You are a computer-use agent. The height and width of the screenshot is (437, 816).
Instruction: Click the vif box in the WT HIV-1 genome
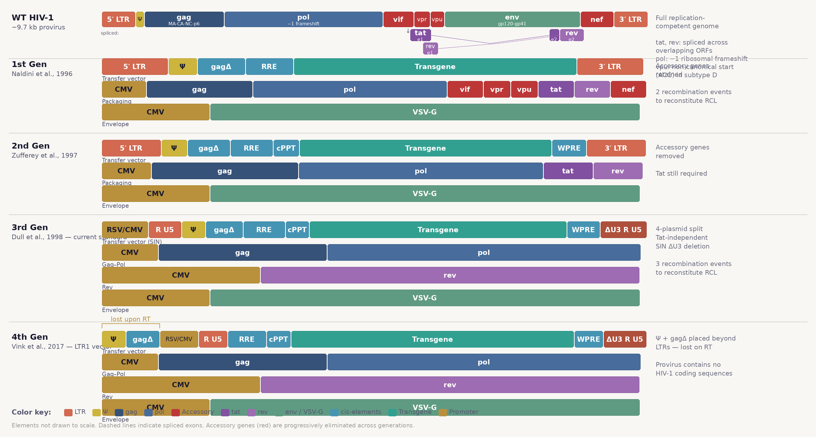point(398,19)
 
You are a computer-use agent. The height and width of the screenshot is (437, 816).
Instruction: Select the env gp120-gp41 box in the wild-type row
point(512,19)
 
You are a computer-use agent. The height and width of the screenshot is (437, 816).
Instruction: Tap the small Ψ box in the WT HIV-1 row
point(140,19)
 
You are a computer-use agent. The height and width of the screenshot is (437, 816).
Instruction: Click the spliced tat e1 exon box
point(420,35)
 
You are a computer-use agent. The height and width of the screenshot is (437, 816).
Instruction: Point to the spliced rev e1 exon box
point(430,48)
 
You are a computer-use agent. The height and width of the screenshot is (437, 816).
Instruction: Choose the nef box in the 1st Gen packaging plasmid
point(628,89)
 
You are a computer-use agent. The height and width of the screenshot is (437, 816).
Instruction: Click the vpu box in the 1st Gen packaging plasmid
point(524,89)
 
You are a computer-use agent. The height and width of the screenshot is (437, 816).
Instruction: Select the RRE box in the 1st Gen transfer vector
point(269,66)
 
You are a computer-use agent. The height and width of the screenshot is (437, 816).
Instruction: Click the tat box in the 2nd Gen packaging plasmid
point(568,171)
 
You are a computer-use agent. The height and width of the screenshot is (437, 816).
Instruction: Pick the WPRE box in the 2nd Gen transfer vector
point(569,148)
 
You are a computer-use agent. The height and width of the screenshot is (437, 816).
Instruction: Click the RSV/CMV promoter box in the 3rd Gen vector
point(124,230)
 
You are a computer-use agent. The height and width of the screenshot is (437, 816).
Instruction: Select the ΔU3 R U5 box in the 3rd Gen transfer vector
point(623,230)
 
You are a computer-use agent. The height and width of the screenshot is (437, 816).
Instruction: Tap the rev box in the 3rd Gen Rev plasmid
point(449,275)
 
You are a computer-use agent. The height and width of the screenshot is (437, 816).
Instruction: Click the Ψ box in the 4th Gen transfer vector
point(113,339)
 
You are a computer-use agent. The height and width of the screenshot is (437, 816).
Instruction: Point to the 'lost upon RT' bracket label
point(131,319)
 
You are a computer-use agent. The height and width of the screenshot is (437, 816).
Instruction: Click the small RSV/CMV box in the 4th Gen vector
point(179,339)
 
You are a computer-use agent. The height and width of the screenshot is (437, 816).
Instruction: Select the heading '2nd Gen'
point(31,146)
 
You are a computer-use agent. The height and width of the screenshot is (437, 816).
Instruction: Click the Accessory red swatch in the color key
point(175,412)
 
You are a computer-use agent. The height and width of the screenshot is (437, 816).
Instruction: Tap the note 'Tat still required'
point(681,174)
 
